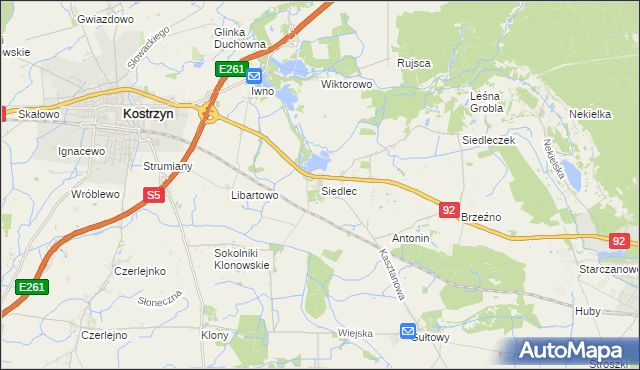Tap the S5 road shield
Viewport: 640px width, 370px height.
153,197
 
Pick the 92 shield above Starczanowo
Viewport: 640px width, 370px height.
619,241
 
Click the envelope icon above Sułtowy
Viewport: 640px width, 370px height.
407,331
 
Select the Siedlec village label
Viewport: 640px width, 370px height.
339,190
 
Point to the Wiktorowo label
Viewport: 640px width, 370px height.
346,85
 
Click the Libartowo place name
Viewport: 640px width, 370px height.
254,196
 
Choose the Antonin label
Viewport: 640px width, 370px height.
411,239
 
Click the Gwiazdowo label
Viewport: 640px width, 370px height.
105,19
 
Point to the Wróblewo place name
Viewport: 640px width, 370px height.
96,194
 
